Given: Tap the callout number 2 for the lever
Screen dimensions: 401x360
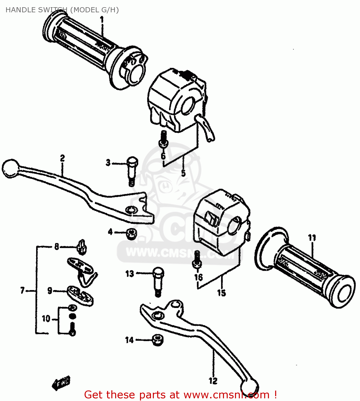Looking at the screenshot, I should pos(62,158).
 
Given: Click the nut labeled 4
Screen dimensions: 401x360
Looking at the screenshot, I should pos(131,234).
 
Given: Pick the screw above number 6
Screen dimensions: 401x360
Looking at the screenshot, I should pos(164,139).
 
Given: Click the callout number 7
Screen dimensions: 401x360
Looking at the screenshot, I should pos(22,290).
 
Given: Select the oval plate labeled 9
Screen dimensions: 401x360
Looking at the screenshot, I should pos(80,295).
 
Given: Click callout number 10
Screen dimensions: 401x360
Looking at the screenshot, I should pos(46,319).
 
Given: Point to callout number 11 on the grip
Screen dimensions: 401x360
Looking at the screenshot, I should pos(312,238).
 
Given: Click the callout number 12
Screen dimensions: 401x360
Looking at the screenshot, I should pos(213,381).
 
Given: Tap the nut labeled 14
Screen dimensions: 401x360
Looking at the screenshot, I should pos(158,340).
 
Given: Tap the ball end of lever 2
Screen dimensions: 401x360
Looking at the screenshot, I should pos(10,168).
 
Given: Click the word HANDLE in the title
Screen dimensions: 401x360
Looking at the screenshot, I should pos(21,10).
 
